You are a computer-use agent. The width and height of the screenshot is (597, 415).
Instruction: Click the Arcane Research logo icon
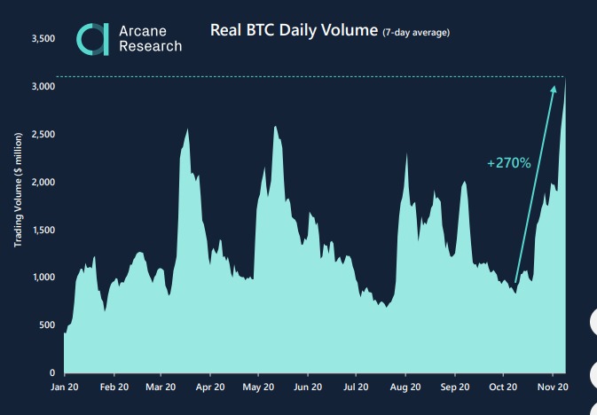point(93,38)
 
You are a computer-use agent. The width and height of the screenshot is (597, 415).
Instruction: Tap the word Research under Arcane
point(150,46)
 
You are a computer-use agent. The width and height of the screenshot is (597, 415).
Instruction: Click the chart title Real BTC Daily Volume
point(294,30)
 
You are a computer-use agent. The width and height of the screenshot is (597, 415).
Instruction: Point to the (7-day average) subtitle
point(416,33)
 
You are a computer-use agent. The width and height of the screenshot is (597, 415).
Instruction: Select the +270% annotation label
point(508,163)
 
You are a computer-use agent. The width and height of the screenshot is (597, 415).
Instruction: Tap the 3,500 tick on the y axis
point(43,39)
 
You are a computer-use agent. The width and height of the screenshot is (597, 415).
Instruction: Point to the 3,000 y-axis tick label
point(43,87)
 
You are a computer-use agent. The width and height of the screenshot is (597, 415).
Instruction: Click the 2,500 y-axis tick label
point(43,135)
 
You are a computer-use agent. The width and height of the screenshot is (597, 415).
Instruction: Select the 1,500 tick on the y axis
point(43,230)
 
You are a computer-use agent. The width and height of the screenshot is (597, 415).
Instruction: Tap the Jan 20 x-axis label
point(64,388)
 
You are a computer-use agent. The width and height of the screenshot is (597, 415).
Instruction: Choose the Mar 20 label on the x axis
point(160,388)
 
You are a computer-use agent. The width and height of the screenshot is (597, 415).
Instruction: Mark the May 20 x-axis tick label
point(257,388)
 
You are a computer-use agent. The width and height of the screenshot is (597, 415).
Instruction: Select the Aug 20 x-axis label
point(405,388)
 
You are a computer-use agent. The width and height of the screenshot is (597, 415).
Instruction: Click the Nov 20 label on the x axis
point(553,388)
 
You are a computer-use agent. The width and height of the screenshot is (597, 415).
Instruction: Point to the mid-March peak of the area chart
point(187,131)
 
